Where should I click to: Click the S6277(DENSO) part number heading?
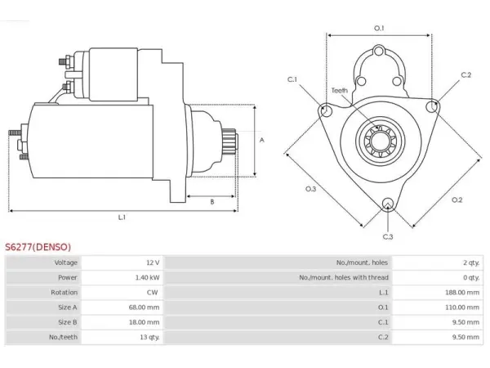pyautogui.click(x=38, y=247)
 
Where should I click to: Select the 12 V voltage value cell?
pyautogui.click(x=153, y=263)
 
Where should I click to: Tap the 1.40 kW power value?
pyautogui.click(x=147, y=277)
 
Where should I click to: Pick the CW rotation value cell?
pyautogui.click(x=153, y=293)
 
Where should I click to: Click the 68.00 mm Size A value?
pyautogui.click(x=144, y=307)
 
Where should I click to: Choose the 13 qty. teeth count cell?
pyautogui.click(x=149, y=337)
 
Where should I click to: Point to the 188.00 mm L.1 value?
pyautogui.click(x=462, y=293)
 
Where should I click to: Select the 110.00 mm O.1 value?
pyautogui.click(x=462, y=307)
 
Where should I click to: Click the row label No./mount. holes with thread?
pyautogui.click(x=344, y=277)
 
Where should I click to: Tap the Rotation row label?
pyautogui.click(x=64, y=293)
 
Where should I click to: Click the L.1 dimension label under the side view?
pyautogui.click(x=122, y=218)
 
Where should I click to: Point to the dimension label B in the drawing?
pyautogui.click(x=212, y=202)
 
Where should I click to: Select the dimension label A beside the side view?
pyautogui.click(x=262, y=140)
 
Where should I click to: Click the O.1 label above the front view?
pyautogui.click(x=379, y=29)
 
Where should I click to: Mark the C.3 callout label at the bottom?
pyautogui.click(x=388, y=236)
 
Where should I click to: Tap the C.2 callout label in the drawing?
pyautogui.click(x=466, y=74)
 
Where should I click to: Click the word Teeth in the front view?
pyautogui.click(x=340, y=91)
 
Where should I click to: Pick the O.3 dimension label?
pyautogui.click(x=310, y=189)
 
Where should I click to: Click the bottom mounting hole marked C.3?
pyautogui.click(x=388, y=204)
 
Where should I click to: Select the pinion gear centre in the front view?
pyautogui.click(x=381, y=140)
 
